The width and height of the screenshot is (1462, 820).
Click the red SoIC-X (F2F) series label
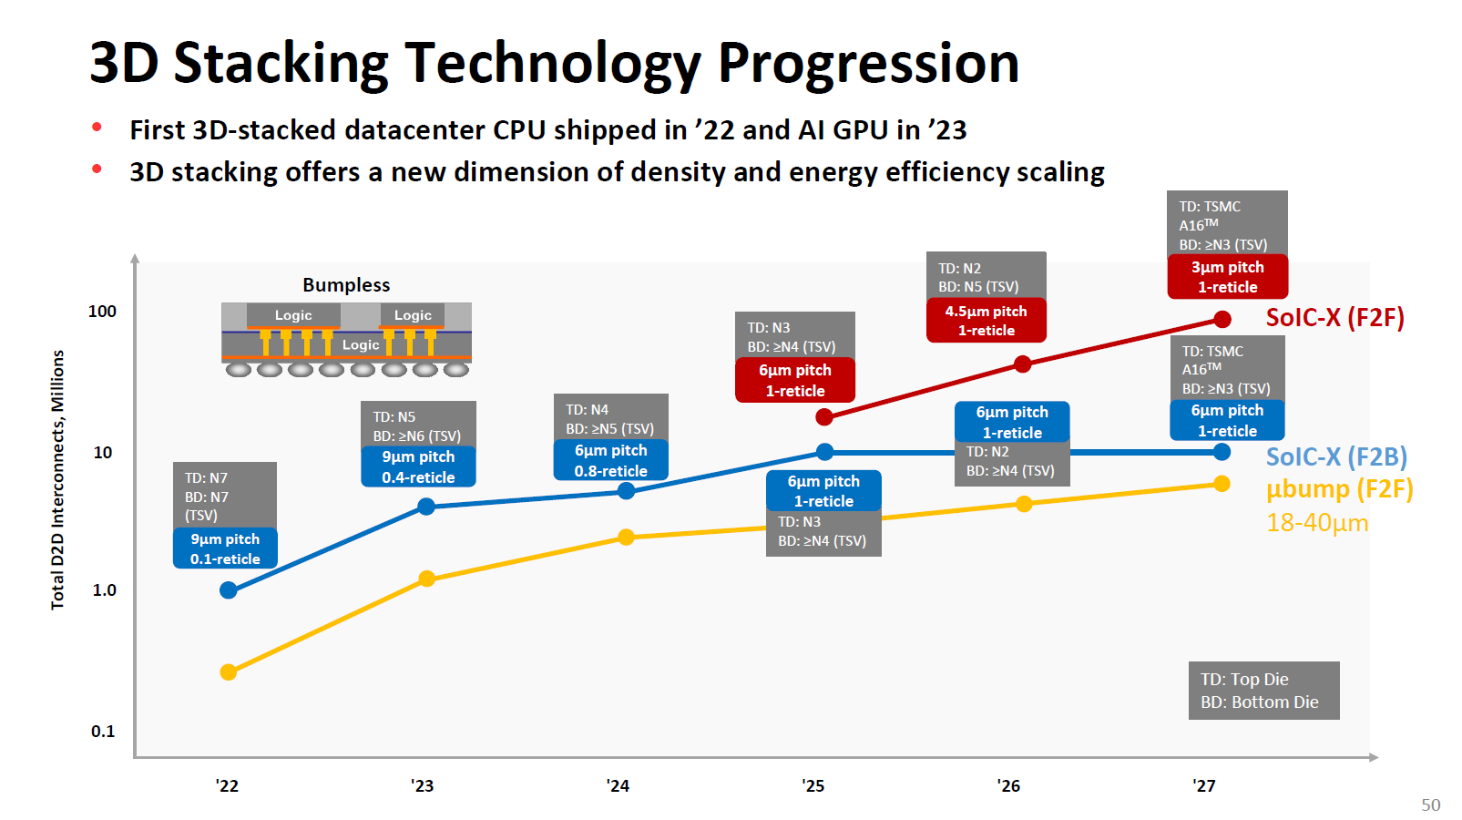1334,318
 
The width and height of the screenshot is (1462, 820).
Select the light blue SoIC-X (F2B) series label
1336,457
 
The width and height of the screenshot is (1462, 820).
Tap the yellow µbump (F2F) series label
1339,490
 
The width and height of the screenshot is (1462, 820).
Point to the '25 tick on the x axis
813,785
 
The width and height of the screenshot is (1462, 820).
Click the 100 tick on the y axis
102,312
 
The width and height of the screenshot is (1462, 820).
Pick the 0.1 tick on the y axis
103,732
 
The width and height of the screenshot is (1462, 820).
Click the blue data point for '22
229,590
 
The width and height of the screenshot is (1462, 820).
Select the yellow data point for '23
426,579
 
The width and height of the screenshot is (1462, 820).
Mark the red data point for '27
1222,320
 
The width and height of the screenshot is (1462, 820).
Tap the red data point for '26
1023,364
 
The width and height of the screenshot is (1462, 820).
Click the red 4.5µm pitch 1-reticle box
986,321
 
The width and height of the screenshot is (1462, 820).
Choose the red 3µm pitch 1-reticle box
1227,277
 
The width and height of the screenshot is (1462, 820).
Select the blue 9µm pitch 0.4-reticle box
418,466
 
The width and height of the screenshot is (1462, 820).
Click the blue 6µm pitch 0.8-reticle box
610,460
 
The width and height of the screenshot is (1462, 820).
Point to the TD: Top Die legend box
1263,691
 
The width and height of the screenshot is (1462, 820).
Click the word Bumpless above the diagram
346,285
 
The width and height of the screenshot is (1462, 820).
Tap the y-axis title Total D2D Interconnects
58,480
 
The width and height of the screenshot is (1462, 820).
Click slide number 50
1430,805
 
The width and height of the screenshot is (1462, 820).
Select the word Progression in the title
868,64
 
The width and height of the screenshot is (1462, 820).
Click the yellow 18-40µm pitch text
1317,523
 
